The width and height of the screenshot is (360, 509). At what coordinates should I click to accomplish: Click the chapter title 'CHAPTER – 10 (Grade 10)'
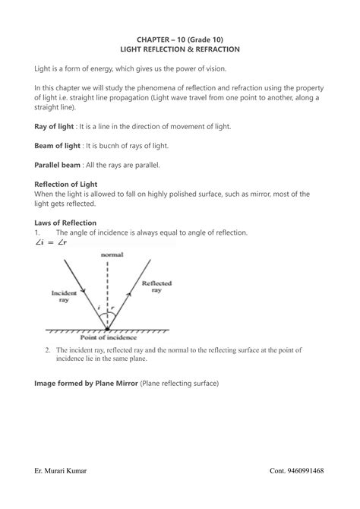pyautogui.click(x=180, y=38)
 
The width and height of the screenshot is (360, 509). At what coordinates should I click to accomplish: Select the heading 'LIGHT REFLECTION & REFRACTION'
pyautogui.click(x=180, y=49)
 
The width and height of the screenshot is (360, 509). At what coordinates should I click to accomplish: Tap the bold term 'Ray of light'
pyautogui.click(x=58, y=125)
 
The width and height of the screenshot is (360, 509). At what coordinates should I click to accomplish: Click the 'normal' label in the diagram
pyautogui.click(x=112, y=255)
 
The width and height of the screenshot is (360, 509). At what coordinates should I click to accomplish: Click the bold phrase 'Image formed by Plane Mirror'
pyautogui.click(x=87, y=384)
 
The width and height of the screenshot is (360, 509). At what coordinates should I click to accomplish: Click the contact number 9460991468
pyautogui.click(x=308, y=471)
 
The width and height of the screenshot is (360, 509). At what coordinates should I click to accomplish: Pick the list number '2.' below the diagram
pyautogui.click(x=47, y=349)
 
